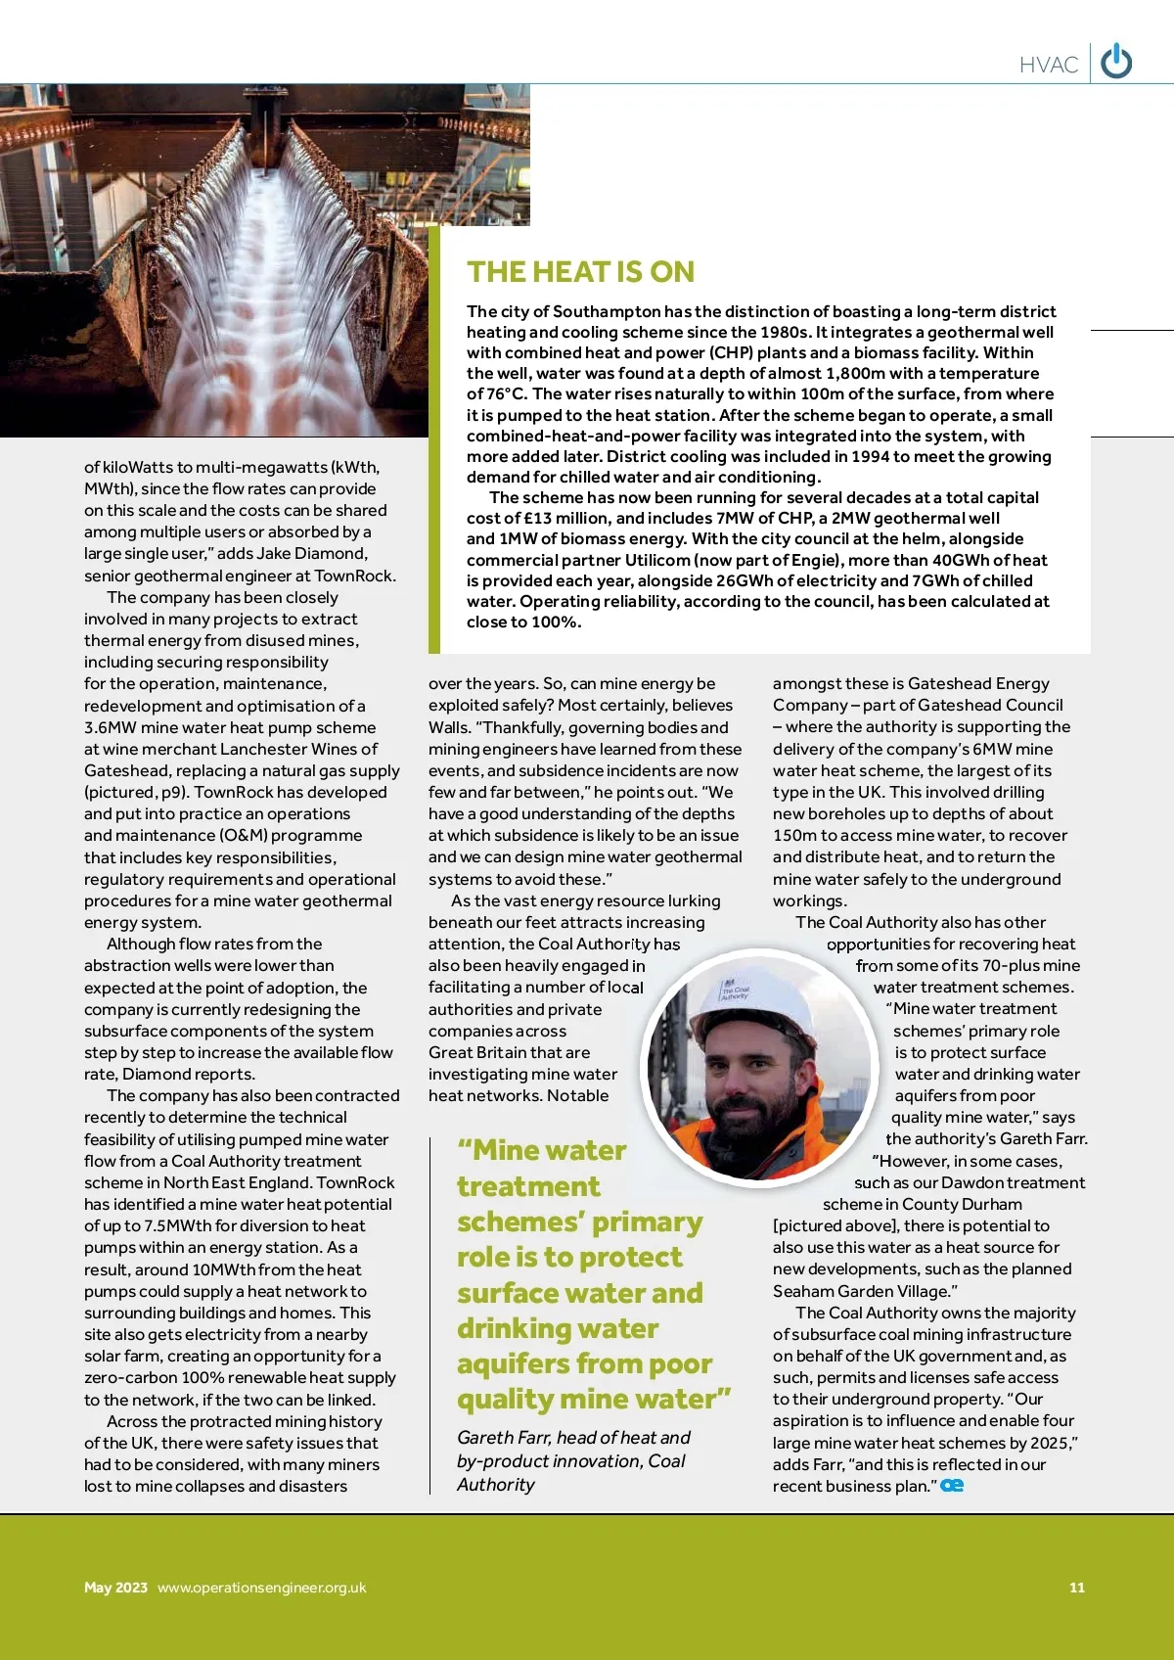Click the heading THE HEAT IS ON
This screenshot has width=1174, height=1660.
[x=580, y=271]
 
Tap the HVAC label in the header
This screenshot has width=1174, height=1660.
[x=1048, y=65]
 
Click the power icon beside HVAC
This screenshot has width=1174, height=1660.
[x=1116, y=63]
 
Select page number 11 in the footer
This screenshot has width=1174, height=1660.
[x=1076, y=1588]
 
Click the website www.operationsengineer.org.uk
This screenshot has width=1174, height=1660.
[x=261, y=1588]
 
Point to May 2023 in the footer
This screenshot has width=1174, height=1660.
[x=115, y=1588]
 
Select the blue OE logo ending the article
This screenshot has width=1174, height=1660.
[x=952, y=1486]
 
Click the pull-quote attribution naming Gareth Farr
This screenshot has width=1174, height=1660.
[x=573, y=1460]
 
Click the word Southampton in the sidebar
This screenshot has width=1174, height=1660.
[x=607, y=311]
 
